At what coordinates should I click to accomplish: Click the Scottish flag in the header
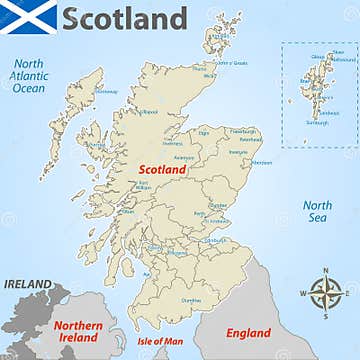[30, 18]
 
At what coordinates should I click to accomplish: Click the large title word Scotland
[124, 18]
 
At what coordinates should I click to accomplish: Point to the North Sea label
[317, 210]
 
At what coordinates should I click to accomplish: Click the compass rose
[324, 293]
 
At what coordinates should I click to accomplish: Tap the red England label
[248, 333]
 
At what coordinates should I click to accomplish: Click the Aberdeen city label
[261, 162]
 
